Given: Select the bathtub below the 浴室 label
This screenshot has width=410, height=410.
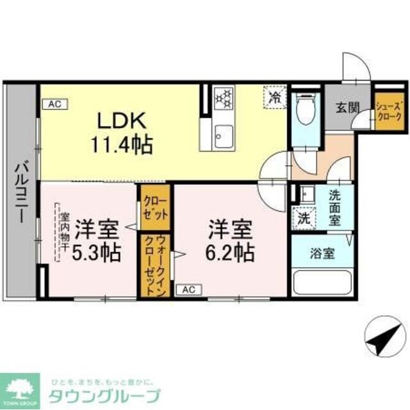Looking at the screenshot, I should [x=320, y=281].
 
